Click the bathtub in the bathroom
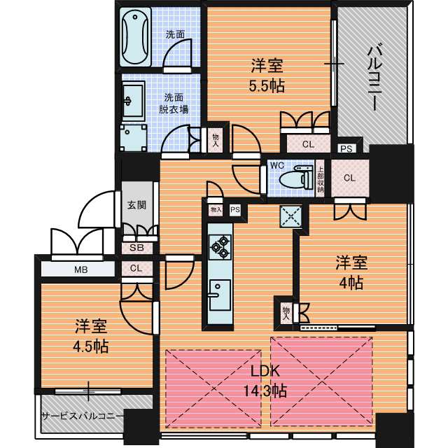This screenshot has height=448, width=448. [x=135, y=37]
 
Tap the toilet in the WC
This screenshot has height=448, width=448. [x=296, y=178]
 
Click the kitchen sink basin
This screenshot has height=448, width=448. [x=220, y=295]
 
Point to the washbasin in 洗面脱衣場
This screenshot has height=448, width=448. [x=133, y=101]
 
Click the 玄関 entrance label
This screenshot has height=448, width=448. [x=136, y=205]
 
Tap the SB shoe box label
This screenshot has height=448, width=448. [x=136, y=247]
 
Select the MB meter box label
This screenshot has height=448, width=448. [x=81, y=269]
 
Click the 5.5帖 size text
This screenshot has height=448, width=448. [x=267, y=85]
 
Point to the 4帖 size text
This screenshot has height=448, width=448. [x=351, y=283]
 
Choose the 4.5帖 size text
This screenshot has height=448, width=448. [x=91, y=346]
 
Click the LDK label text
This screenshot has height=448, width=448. [x=265, y=371]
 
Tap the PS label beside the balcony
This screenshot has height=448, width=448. [x=346, y=148]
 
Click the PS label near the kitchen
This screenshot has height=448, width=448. [x=235, y=210]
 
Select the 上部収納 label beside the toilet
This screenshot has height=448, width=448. [x=320, y=179]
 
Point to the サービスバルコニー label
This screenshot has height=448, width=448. [x=82, y=416]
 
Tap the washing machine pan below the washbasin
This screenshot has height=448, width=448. [x=134, y=138]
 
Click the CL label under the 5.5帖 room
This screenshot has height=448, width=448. [x=308, y=144]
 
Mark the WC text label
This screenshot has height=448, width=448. [x=277, y=165]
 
